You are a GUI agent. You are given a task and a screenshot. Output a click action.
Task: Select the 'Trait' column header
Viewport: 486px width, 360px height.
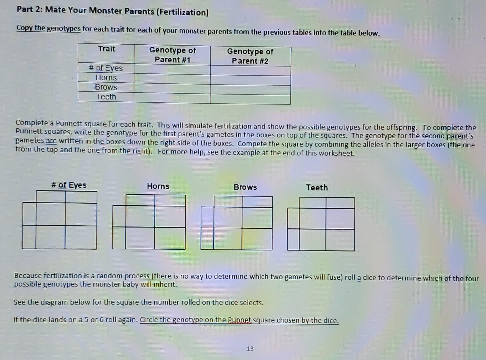[107, 49]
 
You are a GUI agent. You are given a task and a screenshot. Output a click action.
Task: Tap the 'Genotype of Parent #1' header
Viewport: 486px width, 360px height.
[172, 55]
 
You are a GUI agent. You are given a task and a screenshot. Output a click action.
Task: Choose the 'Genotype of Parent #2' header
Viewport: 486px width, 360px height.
[250, 56]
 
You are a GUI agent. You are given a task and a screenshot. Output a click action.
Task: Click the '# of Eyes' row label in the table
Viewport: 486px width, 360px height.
[106, 68]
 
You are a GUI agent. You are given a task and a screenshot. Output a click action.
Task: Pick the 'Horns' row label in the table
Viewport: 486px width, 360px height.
[106, 78]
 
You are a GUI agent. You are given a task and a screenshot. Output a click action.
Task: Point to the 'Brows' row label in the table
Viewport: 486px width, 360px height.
[106, 87]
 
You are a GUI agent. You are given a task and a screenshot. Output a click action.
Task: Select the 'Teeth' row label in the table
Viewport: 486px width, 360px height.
[106, 97]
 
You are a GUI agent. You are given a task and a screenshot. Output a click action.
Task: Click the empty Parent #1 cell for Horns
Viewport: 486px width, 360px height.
[172, 79]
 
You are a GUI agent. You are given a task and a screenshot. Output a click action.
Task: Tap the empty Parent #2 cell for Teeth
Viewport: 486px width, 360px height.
[250, 99]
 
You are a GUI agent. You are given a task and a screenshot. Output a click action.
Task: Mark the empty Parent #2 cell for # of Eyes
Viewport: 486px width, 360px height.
[250, 70]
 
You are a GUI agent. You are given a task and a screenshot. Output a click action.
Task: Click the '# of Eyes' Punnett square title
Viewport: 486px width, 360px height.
[69, 185]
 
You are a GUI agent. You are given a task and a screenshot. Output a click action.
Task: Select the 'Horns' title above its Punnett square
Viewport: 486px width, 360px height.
[158, 186]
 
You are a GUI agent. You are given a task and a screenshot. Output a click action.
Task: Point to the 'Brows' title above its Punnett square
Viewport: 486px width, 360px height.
[245, 187]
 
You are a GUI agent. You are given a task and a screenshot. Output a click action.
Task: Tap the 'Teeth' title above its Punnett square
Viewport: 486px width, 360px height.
[317, 188]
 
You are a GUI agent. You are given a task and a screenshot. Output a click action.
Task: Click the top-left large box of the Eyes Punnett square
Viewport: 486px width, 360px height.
[51, 214]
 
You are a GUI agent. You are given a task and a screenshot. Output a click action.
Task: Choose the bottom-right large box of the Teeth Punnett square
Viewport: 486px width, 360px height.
[340, 240]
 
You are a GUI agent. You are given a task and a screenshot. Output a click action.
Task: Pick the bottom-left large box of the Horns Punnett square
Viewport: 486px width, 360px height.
[140, 238]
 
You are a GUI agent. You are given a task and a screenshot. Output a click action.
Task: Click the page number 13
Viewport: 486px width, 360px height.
[250, 349]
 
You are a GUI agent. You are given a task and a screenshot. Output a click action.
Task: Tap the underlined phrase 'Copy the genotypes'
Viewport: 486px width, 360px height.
[49, 28]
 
